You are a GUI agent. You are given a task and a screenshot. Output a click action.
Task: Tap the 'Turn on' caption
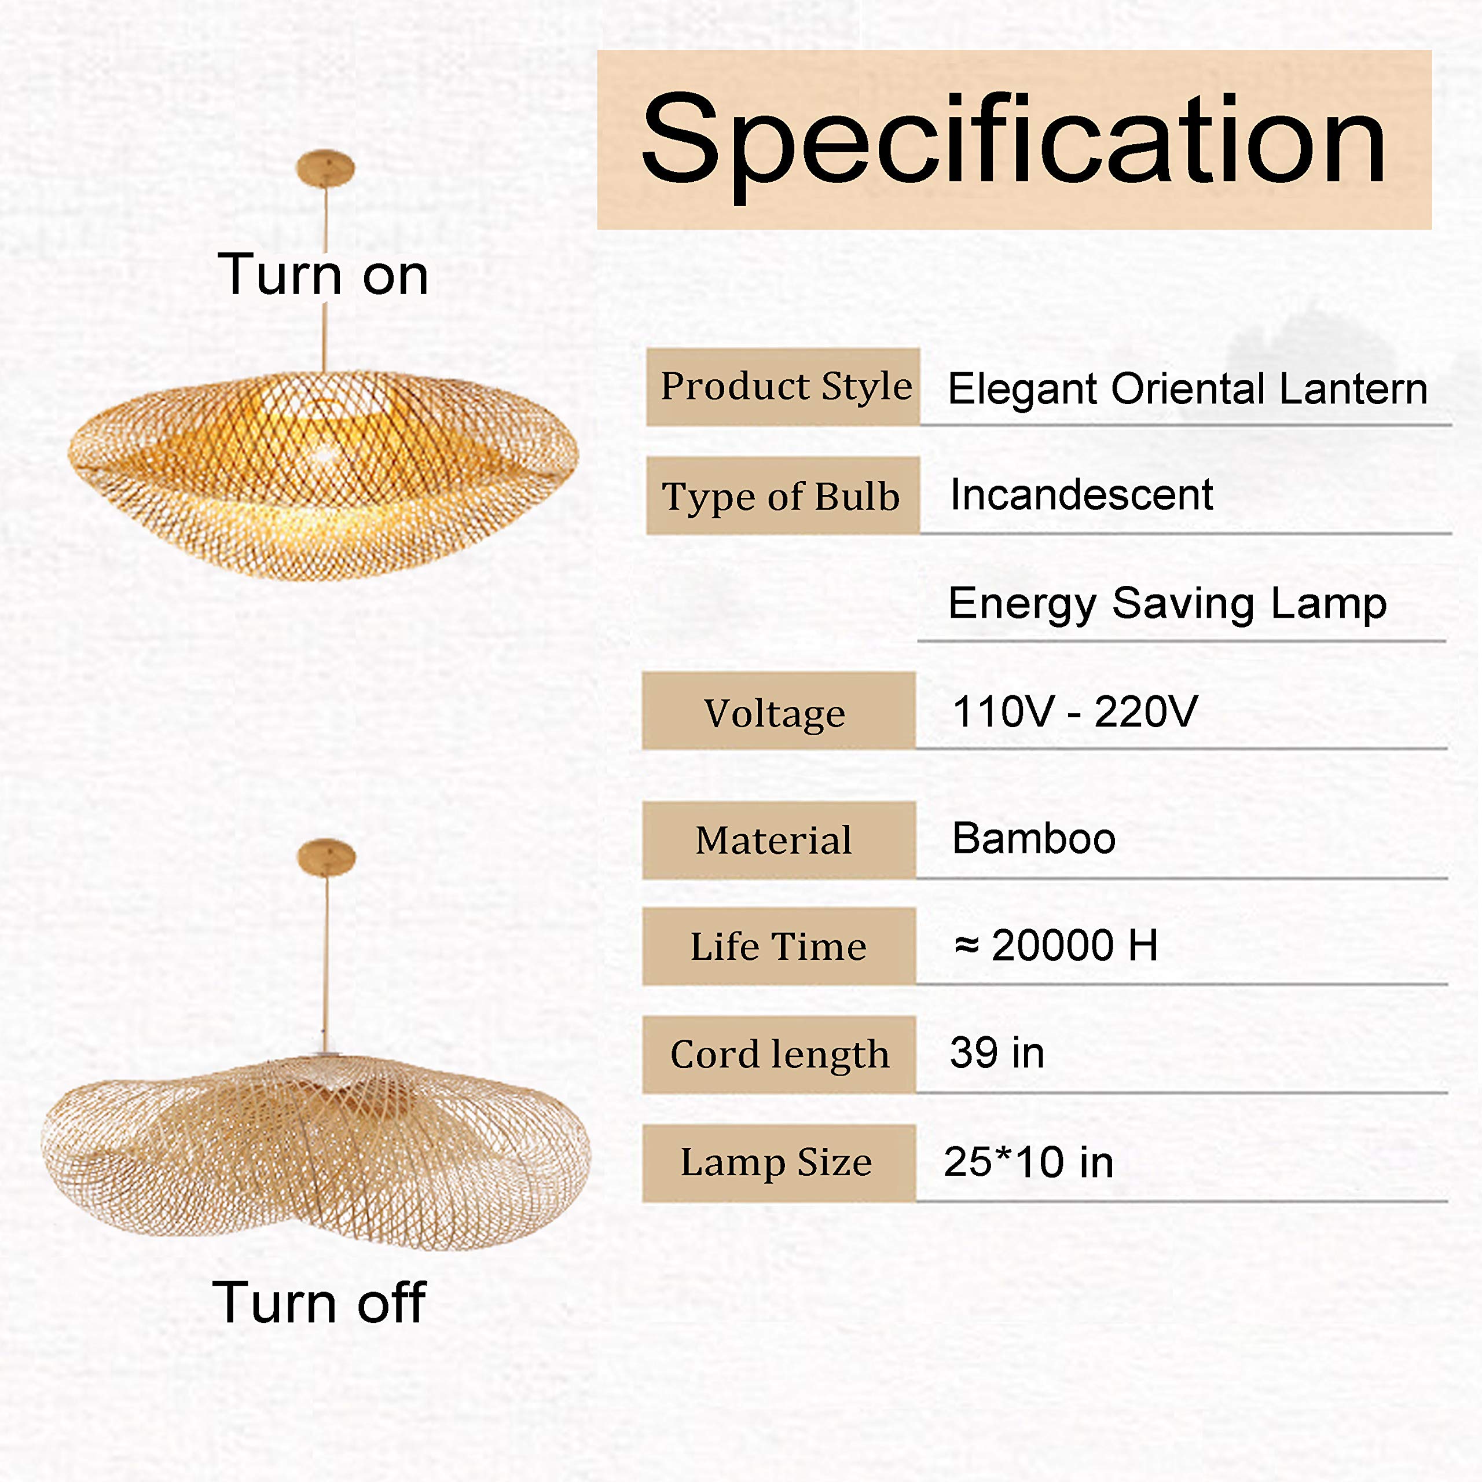323,274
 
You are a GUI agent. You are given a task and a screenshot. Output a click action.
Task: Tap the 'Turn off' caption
318,1303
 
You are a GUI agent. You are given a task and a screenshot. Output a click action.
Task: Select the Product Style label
783,387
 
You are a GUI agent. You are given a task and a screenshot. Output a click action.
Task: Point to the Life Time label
779,946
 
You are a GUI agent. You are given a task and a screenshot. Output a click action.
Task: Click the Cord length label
779,1055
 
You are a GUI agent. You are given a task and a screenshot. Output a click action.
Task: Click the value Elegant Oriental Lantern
1187,389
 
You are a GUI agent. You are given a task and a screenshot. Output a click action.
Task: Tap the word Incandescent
1081,495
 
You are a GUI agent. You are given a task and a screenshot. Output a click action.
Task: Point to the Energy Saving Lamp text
1168,604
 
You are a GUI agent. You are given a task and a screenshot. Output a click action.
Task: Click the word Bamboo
1034,838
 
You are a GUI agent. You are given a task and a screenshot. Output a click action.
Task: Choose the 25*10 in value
1029,1161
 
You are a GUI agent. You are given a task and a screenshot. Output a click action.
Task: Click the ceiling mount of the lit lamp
325,167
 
